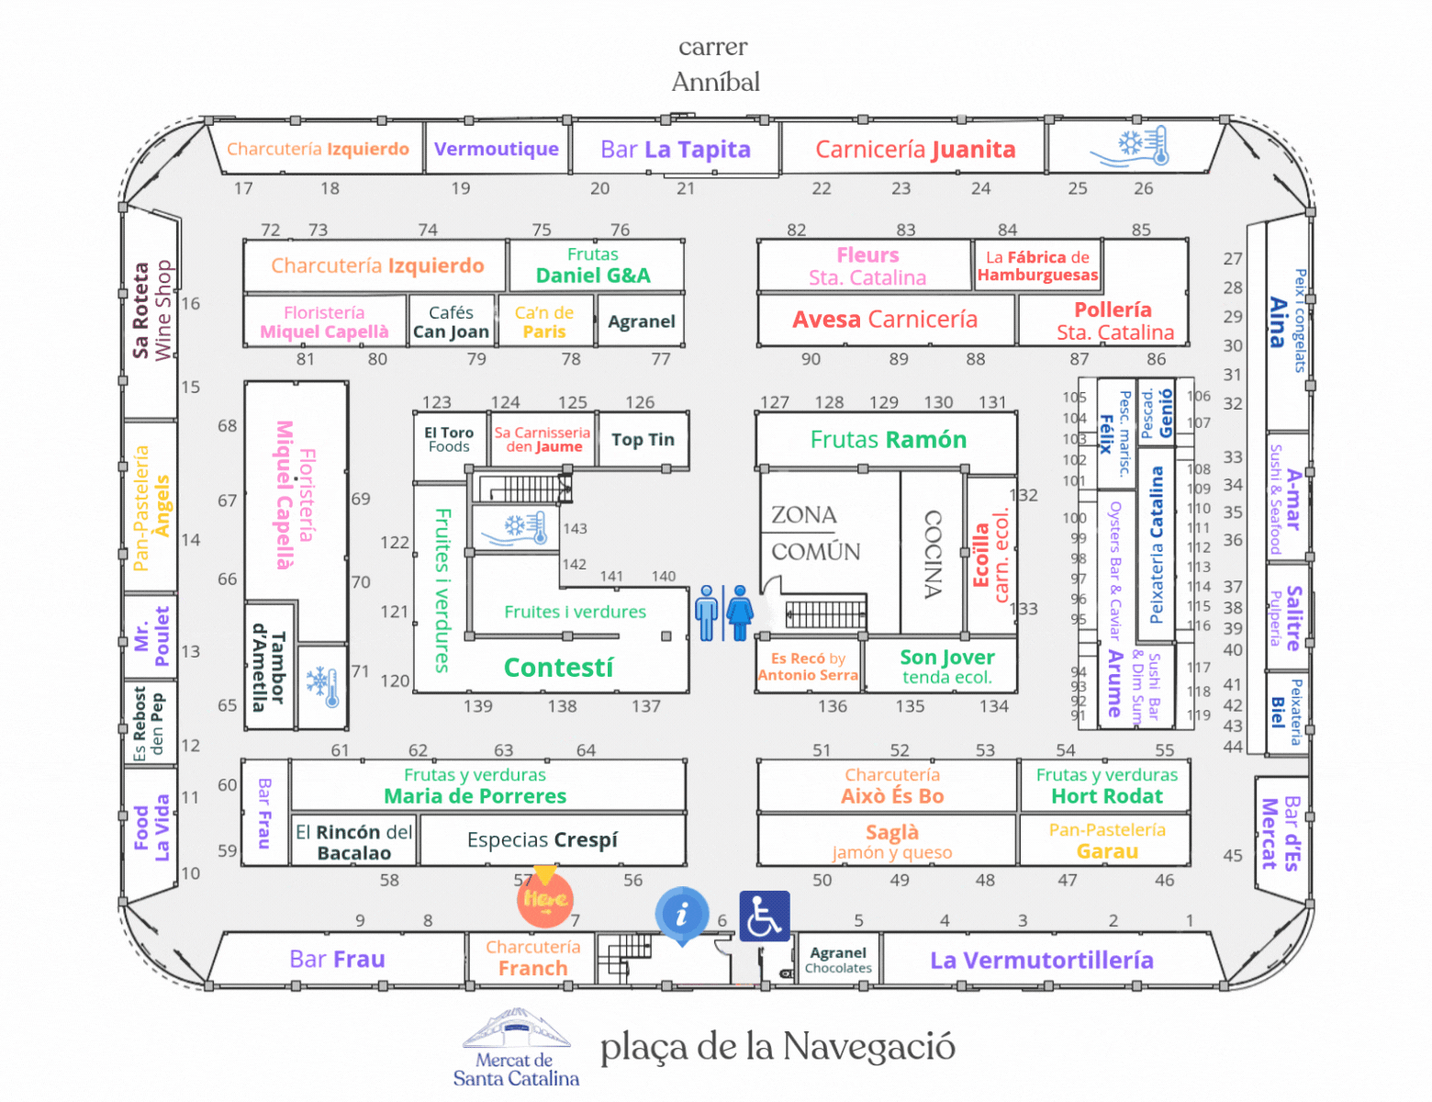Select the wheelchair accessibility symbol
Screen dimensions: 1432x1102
pos(765,916)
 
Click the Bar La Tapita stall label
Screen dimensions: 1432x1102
pos(676,150)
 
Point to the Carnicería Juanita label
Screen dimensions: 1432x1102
pos(915,150)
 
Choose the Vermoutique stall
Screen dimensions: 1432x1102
pos(497,149)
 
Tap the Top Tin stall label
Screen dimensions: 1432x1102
pos(643,440)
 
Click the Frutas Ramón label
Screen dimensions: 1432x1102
pos(889,440)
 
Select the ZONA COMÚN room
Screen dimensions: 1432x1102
pos(816,533)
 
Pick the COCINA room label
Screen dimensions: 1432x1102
pos(934,555)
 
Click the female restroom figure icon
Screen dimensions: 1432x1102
pos(740,613)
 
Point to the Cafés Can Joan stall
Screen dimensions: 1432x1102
pos(452,321)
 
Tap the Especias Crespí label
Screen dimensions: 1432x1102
pos(543,839)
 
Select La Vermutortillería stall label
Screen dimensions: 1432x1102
pos(1041,961)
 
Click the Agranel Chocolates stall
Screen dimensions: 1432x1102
pos(838,961)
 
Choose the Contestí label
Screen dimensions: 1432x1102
pos(558,668)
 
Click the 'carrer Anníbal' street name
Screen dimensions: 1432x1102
pos(715,64)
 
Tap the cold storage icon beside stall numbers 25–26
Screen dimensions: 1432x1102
pos(1129,147)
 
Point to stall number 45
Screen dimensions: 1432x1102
pos(1232,856)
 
